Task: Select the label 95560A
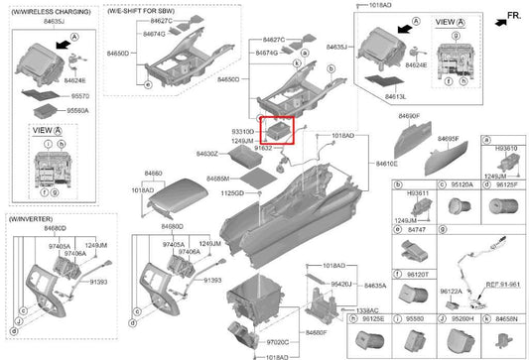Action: (x=103, y=110)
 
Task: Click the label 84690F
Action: (x=409, y=116)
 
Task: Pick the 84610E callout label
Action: (x=386, y=163)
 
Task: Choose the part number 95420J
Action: (x=342, y=283)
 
